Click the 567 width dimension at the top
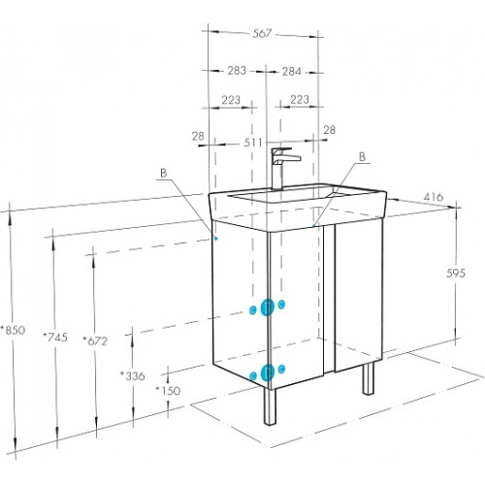point(262,33)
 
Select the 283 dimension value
point(237,71)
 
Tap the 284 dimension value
point(292,72)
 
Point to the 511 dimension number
point(253,143)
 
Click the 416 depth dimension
point(434,197)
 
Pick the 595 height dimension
point(456,274)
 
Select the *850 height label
point(13,330)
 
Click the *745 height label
point(55,338)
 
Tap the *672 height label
point(95,340)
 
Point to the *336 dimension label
point(133,376)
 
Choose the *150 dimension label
point(168,391)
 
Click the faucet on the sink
point(282,168)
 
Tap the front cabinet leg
point(270,406)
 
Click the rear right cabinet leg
point(368,378)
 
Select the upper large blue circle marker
point(268,307)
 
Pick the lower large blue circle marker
point(268,372)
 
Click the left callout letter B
point(164,174)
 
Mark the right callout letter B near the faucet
point(363,157)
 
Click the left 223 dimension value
point(231,100)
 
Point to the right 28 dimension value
point(330,130)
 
